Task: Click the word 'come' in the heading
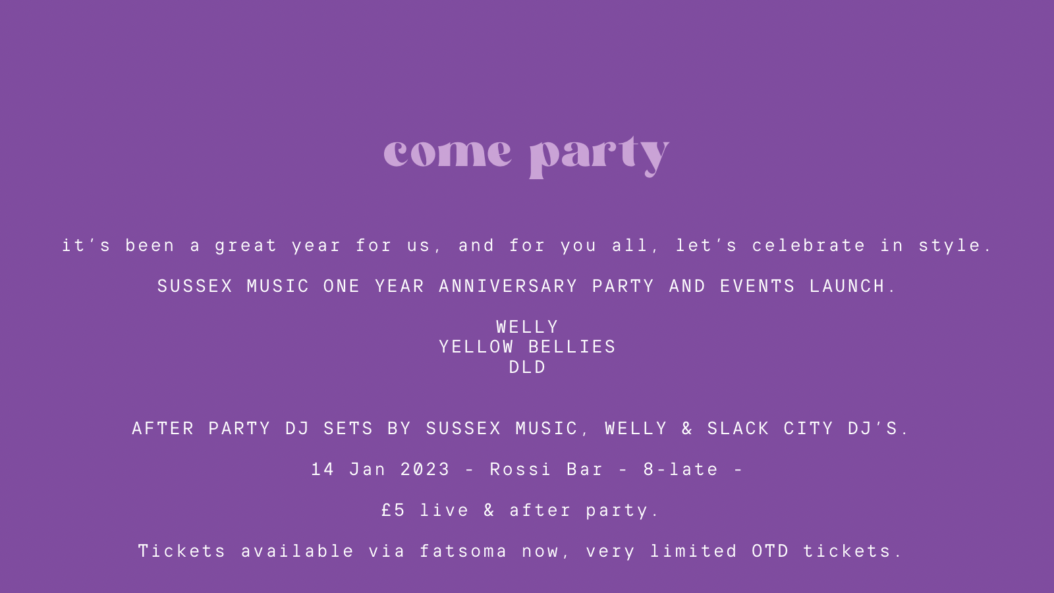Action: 447,153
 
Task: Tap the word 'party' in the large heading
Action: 599,157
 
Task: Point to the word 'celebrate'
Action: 809,245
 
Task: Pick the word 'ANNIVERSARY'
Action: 508,286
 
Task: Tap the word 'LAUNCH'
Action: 847,286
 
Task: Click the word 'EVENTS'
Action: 758,286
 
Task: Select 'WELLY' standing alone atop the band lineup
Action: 527,327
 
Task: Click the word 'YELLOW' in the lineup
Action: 476,347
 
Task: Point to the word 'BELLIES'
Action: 572,347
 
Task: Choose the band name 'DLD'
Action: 527,367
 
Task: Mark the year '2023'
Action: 425,469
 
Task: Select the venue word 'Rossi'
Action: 520,469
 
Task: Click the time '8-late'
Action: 680,469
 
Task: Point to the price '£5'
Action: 393,510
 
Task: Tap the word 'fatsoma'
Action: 463,551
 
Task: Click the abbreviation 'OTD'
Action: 770,551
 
